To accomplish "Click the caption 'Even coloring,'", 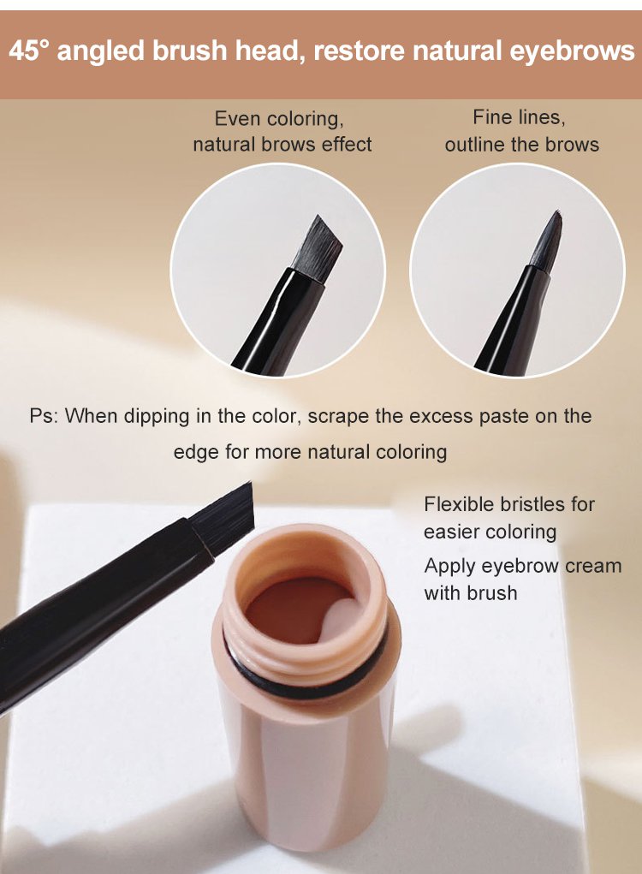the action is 279,119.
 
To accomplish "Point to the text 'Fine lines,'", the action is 519,117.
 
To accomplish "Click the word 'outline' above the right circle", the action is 475,145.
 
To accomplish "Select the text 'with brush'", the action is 470,592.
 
